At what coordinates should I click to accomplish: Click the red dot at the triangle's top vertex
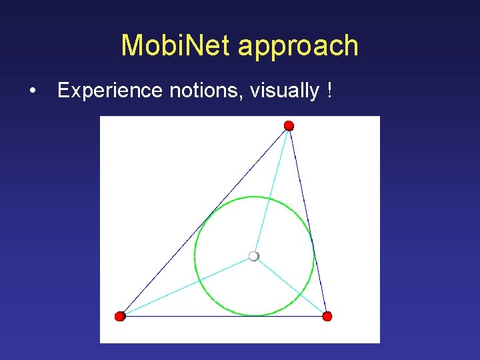[289, 126]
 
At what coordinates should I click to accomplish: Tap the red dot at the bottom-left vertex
[120, 316]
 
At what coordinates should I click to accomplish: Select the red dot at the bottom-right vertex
[327, 316]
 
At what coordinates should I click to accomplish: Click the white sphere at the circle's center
[253, 256]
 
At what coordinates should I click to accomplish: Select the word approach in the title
[298, 46]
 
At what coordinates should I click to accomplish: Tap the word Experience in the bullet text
[110, 91]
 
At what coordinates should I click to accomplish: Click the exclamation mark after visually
[330, 91]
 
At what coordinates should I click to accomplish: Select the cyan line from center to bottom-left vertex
[187, 286]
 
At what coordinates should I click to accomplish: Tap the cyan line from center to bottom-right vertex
[290, 286]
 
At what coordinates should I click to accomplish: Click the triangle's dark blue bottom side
[223, 316]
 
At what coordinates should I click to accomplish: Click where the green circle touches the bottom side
[254, 315]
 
